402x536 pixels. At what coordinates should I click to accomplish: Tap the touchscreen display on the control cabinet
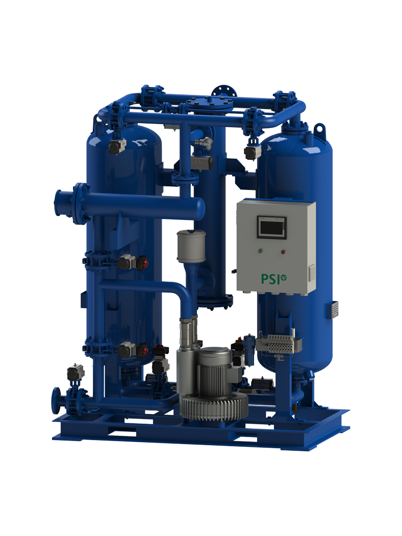[271, 227]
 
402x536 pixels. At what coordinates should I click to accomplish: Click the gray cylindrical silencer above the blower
[191, 246]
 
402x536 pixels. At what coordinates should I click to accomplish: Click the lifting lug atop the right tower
[320, 130]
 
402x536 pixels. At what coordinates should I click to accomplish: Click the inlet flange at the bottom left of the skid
[56, 401]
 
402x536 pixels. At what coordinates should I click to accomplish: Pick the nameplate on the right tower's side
[335, 310]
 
